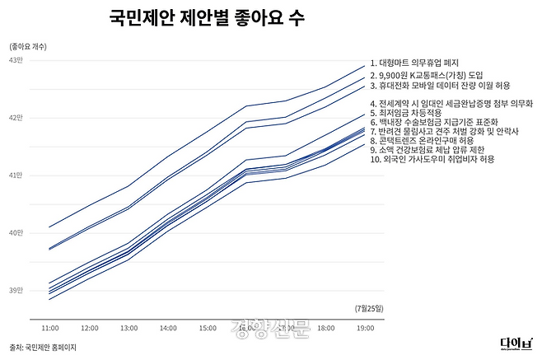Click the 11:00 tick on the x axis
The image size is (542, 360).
point(49,328)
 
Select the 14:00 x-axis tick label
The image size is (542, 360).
point(168,328)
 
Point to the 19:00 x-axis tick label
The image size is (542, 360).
point(365,328)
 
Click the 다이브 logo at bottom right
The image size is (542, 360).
point(516,344)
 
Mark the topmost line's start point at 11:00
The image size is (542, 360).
point(49,227)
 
